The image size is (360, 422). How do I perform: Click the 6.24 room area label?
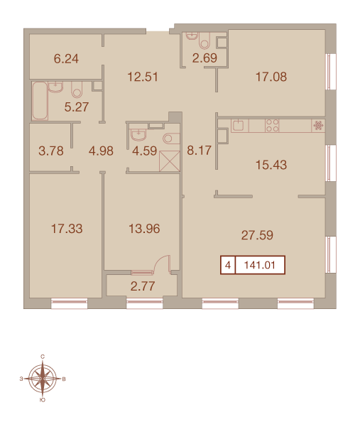[x=66, y=59]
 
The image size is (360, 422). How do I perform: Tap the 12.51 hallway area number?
[x=143, y=77]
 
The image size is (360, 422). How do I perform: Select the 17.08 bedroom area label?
[x=271, y=77]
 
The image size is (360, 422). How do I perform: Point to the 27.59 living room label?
[x=257, y=235]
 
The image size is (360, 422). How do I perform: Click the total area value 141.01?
[x=260, y=266]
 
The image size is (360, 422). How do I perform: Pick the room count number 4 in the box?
[x=228, y=266]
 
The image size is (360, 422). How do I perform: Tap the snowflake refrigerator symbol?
[x=318, y=126]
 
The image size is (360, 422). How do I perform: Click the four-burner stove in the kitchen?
[x=272, y=126]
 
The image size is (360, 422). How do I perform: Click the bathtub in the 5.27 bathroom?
[x=40, y=101]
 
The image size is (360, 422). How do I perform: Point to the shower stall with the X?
[x=170, y=161]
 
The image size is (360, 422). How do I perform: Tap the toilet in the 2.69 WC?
[x=204, y=41]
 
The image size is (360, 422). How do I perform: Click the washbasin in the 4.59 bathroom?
[x=138, y=134]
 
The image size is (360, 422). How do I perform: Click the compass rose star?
[x=43, y=379]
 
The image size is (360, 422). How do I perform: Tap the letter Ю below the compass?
[x=42, y=400]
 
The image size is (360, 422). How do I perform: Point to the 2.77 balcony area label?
[x=143, y=286]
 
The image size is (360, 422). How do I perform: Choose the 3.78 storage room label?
[x=51, y=151]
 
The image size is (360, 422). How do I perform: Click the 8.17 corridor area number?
[x=199, y=151]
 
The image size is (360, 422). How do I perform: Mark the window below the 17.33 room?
[x=70, y=303]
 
